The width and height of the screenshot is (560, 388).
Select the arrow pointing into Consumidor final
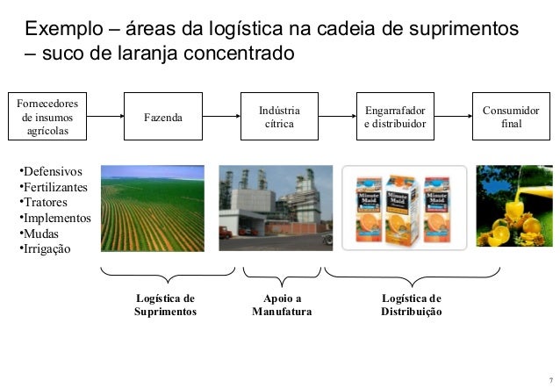453,114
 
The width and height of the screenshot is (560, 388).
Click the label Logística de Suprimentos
165,305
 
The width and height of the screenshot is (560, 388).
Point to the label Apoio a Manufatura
281,305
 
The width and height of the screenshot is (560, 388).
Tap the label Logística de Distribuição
411,305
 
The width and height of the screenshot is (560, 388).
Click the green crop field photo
153,208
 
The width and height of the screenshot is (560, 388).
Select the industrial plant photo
275,208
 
